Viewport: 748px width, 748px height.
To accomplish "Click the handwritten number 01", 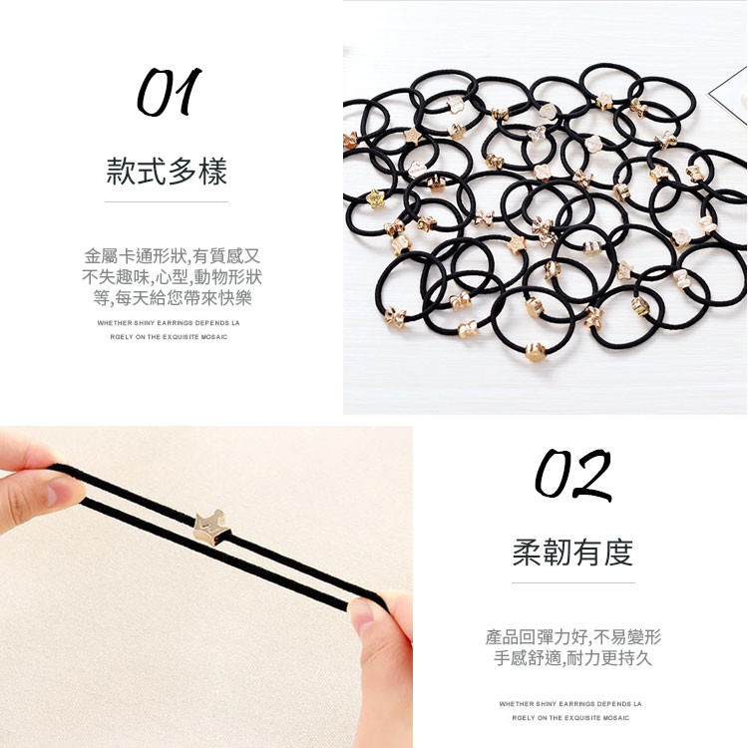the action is coord(170,92).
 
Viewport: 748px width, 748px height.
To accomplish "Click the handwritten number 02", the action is coord(572,473).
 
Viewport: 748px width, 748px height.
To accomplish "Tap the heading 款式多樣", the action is coord(167,171).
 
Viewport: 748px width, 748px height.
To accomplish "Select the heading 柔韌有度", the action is coord(572,553).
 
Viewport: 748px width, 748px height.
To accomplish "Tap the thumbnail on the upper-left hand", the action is coord(61,492).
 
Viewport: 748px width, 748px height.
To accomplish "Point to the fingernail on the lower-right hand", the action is coord(362,617).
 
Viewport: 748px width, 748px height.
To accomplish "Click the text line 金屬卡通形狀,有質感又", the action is coord(173,256).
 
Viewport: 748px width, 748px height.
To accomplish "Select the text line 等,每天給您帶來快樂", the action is coord(173,298).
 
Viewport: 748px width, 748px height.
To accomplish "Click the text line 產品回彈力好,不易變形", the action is coord(572,637).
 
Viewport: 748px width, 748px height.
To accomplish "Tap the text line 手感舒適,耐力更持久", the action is coord(572,658).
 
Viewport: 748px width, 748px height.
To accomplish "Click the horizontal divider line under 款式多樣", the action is coord(167,201).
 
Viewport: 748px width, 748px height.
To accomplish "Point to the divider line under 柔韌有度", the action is coord(573,582).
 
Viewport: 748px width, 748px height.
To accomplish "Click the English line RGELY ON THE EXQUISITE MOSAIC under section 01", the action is coord(169,337).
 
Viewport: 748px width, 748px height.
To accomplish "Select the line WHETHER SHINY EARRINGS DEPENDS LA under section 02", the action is coord(570,704).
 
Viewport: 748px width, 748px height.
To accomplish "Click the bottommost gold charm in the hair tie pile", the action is coord(536,352).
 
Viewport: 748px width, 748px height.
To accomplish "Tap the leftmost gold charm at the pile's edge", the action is coord(349,141).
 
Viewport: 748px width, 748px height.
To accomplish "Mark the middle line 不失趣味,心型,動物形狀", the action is coord(173,277).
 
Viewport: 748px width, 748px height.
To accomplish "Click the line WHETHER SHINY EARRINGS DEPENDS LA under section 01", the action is coord(169,323).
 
